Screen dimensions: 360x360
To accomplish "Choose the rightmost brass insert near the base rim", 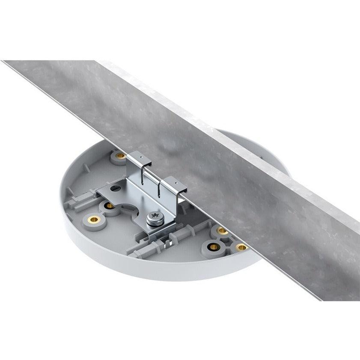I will (242, 247).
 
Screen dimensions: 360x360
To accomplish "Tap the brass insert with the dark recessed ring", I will (213, 247).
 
